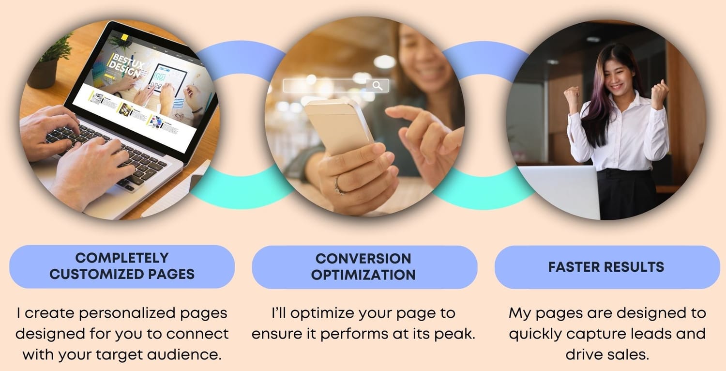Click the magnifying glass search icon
coord(377,86)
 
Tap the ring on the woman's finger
coord(339,186)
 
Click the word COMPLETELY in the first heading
coord(122,258)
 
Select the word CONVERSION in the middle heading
coord(363,259)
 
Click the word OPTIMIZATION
coord(363,275)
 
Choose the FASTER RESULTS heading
coord(606,267)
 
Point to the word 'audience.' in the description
coord(184,355)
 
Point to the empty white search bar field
coord(325,86)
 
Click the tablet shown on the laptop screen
coord(167,79)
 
